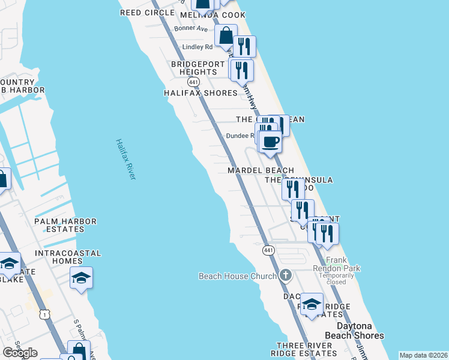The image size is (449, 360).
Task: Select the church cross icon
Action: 285,275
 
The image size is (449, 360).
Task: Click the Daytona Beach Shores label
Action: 360,331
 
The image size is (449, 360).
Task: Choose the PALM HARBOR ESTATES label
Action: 65,225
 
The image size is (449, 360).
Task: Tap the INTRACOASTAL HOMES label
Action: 67,257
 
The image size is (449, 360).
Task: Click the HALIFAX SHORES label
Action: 201,93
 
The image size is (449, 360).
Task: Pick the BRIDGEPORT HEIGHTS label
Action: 198,68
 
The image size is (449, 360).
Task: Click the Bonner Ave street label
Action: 191,28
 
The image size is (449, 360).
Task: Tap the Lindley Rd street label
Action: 197,47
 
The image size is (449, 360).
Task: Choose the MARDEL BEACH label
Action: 261,171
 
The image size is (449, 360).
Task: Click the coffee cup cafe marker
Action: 270,143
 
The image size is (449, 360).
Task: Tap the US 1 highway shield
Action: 44,314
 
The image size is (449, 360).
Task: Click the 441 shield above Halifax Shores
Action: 193,81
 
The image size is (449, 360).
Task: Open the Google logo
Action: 20,353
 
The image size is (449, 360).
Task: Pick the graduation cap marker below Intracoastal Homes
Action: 81,278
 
